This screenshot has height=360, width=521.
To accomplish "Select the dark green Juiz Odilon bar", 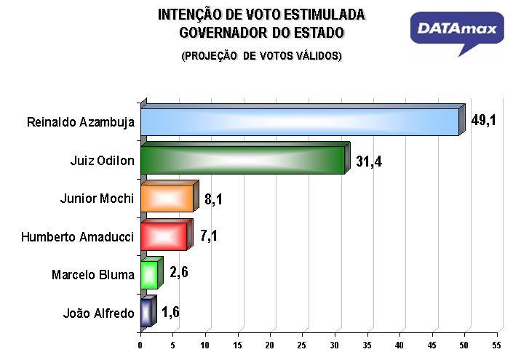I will pyautogui.click(x=242, y=160).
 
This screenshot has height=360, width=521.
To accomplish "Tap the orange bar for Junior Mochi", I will pyautogui.click(x=167, y=198).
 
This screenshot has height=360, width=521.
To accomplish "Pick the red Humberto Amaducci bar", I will pyautogui.click(x=163, y=236).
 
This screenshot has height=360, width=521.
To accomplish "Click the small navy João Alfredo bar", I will pyautogui.click(x=146, y=313).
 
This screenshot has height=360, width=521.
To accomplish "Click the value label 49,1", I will pyautogui.click(x=483, y=120).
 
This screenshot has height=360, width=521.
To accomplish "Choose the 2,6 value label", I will pyautogui.click(x=178, y=273).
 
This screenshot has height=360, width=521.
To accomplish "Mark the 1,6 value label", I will pyautogui.click(x=170, y=312).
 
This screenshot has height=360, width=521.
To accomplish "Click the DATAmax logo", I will pyautogui.click(x=457, y=31).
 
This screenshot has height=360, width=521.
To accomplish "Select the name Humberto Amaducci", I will pyautogui.click(x=78, y=237).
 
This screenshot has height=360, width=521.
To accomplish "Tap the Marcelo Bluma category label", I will pyautogui.click(x=93, y=275).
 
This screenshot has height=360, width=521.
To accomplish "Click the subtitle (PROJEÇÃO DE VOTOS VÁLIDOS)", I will pyautogui.click(x=261, y=56).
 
